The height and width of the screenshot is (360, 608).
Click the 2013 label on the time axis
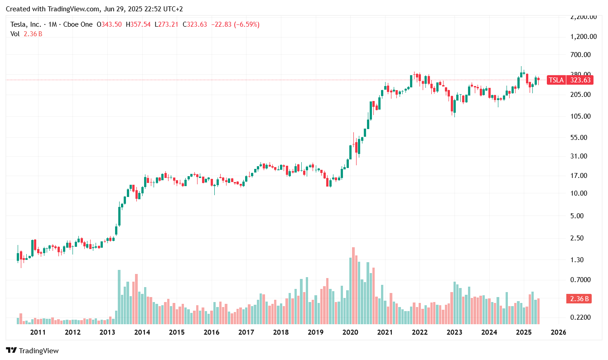(x=107, y=332)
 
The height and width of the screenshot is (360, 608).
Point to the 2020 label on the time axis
(x=350, y=332)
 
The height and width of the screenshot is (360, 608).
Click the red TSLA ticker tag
(x=556, y=80)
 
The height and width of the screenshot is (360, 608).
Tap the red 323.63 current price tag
(x=580, y=80)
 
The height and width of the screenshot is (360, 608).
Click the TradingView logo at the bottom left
(x=32, y=350)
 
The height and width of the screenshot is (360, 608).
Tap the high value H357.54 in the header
(x=138, y=24)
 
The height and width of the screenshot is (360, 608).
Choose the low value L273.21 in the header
(x=167, y=24)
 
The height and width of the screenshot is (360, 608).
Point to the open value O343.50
(x=109, y=24)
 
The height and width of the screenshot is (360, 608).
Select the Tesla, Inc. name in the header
(x=26, y=24)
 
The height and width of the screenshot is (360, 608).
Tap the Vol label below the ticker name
(x=15, y=34)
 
